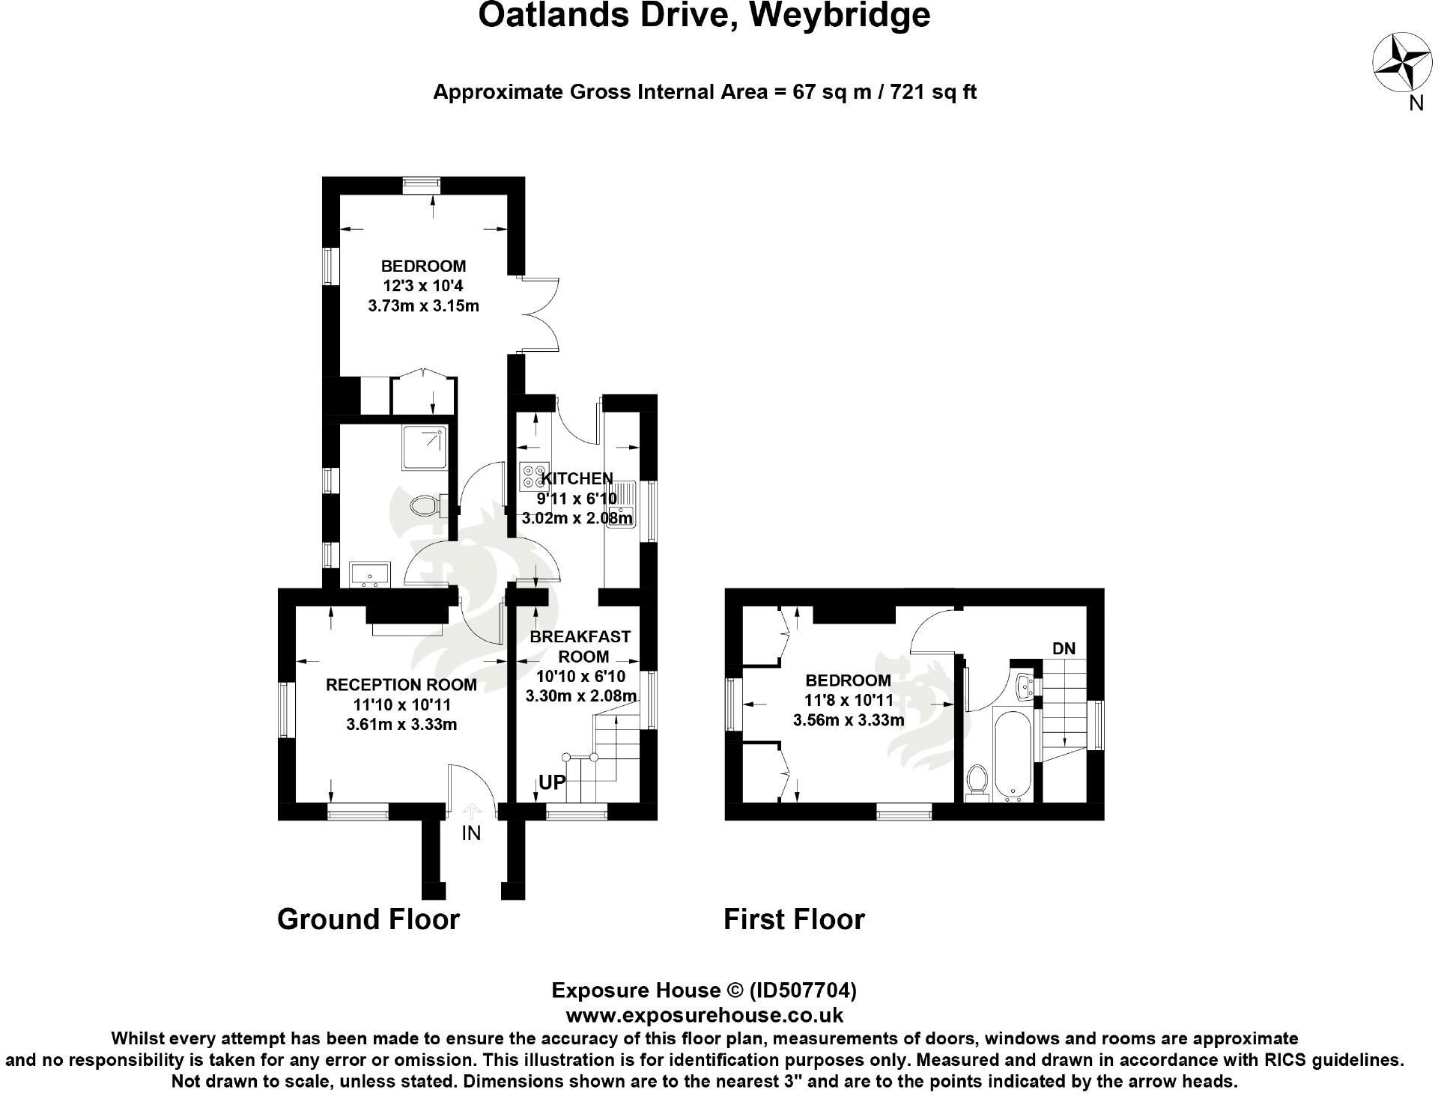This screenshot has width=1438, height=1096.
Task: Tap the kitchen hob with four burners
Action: [x=535, y=477]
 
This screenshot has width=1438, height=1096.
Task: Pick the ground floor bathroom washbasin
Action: [x=370, y=574]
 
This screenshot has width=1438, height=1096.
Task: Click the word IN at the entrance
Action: [x=471, y=832]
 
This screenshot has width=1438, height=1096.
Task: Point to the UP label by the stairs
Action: [x=553, y=782]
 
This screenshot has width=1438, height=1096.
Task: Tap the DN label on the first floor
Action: [x=1064, y=648]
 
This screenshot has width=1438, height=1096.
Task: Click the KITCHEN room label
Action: [x=577, y=478]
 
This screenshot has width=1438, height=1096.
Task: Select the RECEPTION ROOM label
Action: [x=401, y=684]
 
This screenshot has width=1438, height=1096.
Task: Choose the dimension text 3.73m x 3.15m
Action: [x=424, y=305]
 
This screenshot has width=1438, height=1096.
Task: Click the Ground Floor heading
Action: [x=368, y=919]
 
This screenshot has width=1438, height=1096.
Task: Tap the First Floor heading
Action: [x=794, y=919]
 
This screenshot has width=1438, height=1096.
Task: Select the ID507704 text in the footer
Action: [x=803, y=990]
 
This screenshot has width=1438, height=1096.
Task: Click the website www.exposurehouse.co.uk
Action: [x=704, y=1015]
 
